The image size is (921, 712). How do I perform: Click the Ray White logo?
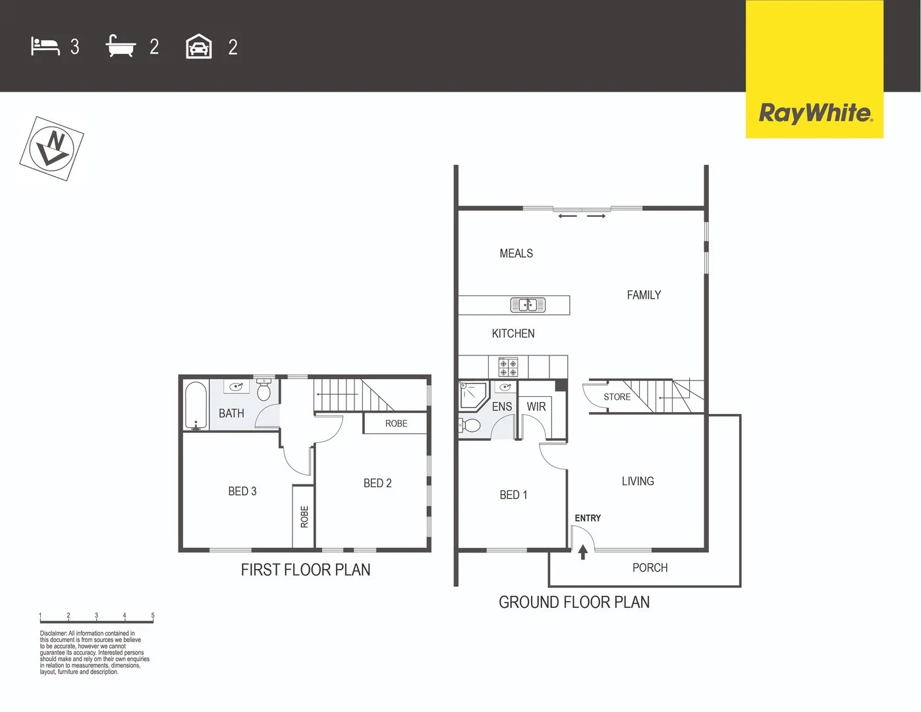click(x=815, y=113)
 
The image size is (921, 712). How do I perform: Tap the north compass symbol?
click(x=52, y=148)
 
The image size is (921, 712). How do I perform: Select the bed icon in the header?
click(x=45, y=47)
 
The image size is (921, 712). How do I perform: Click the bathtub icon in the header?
click(x=121, y=47)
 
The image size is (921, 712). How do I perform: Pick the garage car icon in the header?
click(x=199, y=47)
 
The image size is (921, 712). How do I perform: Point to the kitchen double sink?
click(x=528, y=305)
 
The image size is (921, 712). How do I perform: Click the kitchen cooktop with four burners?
click(x=508, y=367)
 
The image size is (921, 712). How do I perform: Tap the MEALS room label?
click(x=516, y=253)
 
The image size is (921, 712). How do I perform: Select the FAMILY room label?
click(x=644, y=295)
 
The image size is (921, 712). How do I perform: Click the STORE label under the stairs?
click(x=617, y=397)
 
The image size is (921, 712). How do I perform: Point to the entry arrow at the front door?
click(x=582, y=552)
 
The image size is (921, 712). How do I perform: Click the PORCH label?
click(x=650, y=568)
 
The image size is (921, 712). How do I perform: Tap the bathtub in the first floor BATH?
click(x=196, y=405)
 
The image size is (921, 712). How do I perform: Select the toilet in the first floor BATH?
click(x=264, y=391)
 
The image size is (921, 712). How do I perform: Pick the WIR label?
click(x=536, y=407)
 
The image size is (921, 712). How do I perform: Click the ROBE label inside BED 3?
click(x=304, y=516)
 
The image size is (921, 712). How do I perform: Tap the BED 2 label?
click(x=377, y=483)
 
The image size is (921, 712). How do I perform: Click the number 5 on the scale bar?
click(x=153, y=615)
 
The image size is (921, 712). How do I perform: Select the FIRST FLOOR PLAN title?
click(x=305, y=570)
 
